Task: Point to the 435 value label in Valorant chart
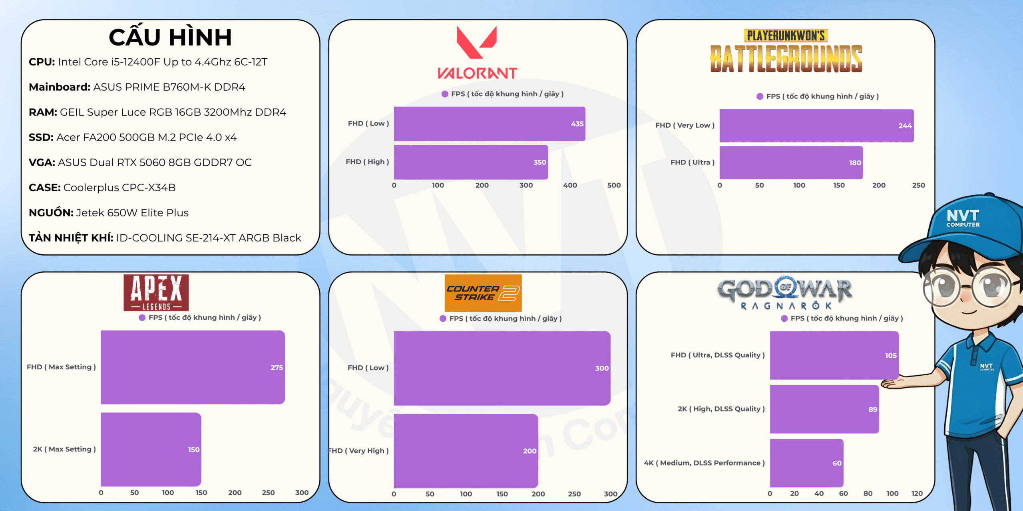tap(577, 124)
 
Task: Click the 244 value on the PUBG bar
tap(905, 126)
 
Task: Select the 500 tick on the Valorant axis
tap(614, 185)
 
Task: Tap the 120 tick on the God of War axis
tap(917, 493)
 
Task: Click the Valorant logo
tap(477, 52)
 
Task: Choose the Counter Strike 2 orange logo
tap(483, 293)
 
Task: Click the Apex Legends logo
tap(156, 293)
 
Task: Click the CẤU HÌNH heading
tap(170, 37)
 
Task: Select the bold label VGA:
tap(42, 162)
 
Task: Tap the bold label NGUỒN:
tap(51, 212)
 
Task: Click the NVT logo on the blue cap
tap(963, 218)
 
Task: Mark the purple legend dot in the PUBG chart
tap(760, 96)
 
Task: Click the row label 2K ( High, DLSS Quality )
tap(721, 409)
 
